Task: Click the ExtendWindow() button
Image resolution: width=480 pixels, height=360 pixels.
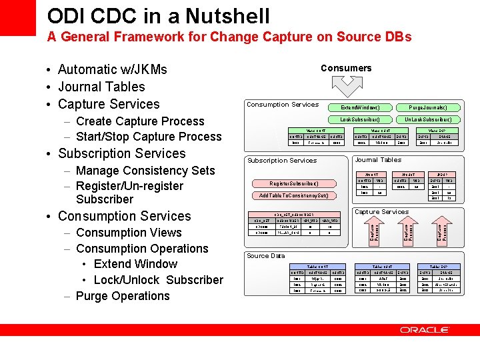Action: (x=360, y=107)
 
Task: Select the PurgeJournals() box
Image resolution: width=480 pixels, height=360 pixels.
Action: (x=427, y=107)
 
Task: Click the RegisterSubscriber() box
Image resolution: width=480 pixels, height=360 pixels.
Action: (x=294, y=183)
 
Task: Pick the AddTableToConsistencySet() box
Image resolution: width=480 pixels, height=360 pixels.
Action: (x=294, y=195)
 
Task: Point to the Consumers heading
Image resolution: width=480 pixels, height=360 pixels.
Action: (x=346, y=68)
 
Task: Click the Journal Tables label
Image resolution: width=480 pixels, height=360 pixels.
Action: (x=378, y=160)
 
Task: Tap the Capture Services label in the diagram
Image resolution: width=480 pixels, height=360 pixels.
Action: (x=381, y=212)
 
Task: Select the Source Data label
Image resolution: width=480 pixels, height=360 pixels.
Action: (x=265, y=256)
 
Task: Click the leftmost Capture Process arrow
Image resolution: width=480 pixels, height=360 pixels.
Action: (x=375, y=232)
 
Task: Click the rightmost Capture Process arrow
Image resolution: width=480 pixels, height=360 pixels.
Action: (x=441, y=232)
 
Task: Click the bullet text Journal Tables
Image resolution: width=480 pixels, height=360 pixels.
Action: (x=101, y=87)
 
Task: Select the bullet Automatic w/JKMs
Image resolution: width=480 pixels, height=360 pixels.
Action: (x=112, y=69)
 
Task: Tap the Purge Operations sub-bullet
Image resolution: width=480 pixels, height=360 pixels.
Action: (x=123, y=296)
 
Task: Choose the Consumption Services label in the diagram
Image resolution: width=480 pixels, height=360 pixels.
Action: (x=283, y=104)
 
